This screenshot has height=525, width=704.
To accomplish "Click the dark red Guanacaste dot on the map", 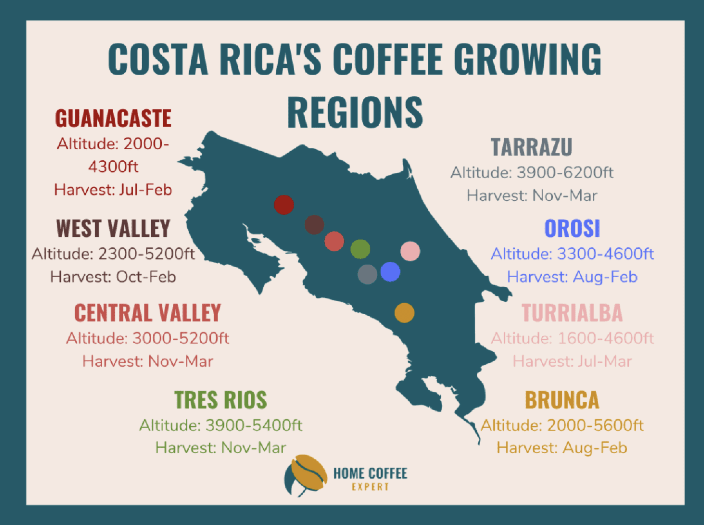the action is (x=284, y=205).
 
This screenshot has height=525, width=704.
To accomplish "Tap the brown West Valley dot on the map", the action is (x=314, y=225).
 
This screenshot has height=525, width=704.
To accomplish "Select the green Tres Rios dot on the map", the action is (x=360, y=249).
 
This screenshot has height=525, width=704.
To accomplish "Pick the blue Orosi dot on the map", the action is (x=390, y=271).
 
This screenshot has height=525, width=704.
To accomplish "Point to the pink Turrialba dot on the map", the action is (x=410, y=251).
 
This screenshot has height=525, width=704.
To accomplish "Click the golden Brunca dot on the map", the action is (x=405, y=313).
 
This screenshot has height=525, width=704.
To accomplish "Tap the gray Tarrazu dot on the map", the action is (x=368, y=274).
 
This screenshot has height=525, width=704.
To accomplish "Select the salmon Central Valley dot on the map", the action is (x=334, y=241).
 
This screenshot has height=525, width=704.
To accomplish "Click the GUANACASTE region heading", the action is (x=113, y=118).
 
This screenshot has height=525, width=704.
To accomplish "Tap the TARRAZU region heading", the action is (x=532, y=147).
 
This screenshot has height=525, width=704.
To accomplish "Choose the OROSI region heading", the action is (x=572, y=228).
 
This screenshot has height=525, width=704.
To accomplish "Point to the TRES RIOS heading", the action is (x=221, y=400).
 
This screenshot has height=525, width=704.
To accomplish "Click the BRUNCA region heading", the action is (x=562, y=400).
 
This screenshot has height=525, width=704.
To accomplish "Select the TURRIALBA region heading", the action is (x=572, y=313).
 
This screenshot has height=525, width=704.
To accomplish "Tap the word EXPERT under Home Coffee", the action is (x=370, y=487).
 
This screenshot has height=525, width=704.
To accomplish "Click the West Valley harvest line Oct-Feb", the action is (x=113, y=277).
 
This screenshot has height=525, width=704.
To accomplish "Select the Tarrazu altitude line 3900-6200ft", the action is (x=532, y=173).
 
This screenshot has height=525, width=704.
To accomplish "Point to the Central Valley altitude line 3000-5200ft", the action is (x=148, y=338).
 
